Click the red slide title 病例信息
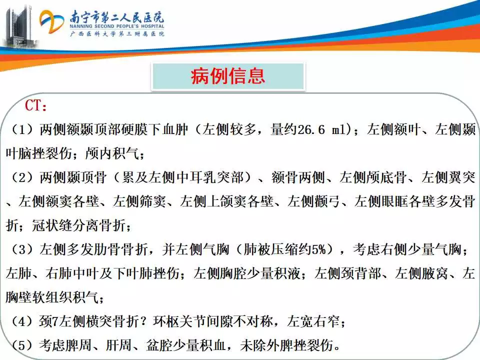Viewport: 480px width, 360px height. pos(228,76)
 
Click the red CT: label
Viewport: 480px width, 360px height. pos(36,105)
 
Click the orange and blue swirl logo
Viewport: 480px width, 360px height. pos(51,21)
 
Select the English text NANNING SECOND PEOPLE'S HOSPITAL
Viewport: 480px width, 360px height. pos(116,26)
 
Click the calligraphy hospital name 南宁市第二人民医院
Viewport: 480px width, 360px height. pos(116,17)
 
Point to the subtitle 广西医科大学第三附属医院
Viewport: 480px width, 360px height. pos(117,33)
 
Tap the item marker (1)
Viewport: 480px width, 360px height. pos(22,130)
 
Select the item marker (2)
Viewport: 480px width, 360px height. pos(22,177)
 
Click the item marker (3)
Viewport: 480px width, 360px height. pos(22,249)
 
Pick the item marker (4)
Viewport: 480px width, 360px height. pos(22,321)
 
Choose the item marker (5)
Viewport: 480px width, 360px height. pos(22,345)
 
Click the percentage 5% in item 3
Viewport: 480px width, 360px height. pos(318,249)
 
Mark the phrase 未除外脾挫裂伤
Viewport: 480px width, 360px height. pos(287,345)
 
